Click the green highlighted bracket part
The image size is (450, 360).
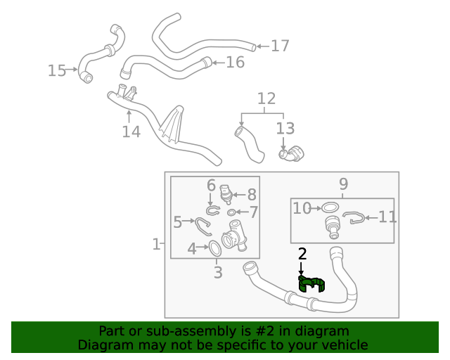pos(313,284)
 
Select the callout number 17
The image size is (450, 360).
pos(280,46)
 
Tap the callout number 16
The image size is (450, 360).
pos(235,63)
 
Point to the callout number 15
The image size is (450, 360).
pos(57,70)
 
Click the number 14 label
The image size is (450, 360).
pos(131,131)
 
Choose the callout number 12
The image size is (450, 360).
pos(266,98)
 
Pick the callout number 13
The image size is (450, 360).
pos(285,129)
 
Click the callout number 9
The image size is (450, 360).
pos(343,184)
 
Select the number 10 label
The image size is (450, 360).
pos(302,208)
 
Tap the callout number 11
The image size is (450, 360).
pos(387,217)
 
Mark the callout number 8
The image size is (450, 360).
pos(252,195)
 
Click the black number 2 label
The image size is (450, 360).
pos(302,254)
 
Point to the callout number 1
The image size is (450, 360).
pos(156,245)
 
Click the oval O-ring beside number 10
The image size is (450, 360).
pos(329,208)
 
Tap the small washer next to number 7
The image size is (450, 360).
pos(231,211)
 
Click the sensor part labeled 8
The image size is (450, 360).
pos(226,193)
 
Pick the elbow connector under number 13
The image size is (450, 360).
pos(291,153)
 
